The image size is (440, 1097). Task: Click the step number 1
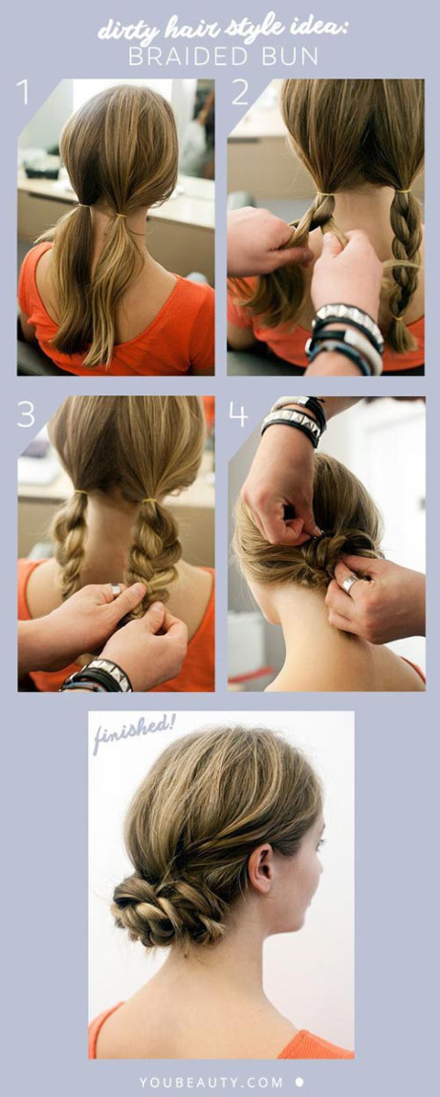click(x=24, y=92)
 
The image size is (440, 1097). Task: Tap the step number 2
click(x=240, y=92)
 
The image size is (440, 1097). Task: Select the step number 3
click(x=26, y=414)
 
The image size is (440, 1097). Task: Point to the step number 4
click(x=238, y=414)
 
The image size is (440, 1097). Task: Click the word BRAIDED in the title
click(x=186, y=56)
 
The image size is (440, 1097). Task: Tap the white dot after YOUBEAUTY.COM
click(x=300, y=1082)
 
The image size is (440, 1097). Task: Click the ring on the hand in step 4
click(x=350, y=584)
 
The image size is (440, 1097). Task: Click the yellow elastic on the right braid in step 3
click(x=150, y=501)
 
